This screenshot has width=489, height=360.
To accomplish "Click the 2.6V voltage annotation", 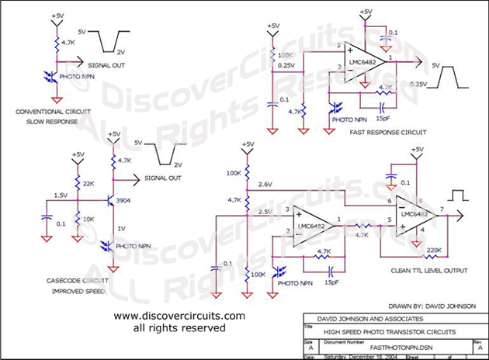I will pos(264,184).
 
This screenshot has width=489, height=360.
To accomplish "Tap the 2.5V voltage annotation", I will pos(264,211).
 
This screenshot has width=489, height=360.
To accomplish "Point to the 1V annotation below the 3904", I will pos(122,227).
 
